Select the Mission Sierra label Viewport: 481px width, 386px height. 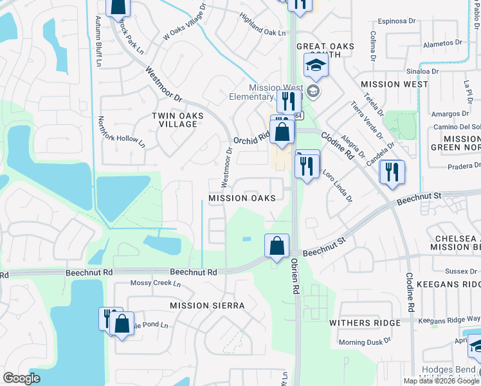point(208,306)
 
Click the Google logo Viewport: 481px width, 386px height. point(22,378)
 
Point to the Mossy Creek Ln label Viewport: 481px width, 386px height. point(152,283)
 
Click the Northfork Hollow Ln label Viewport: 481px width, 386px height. point(120,132)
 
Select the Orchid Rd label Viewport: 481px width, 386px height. point(251,139)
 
